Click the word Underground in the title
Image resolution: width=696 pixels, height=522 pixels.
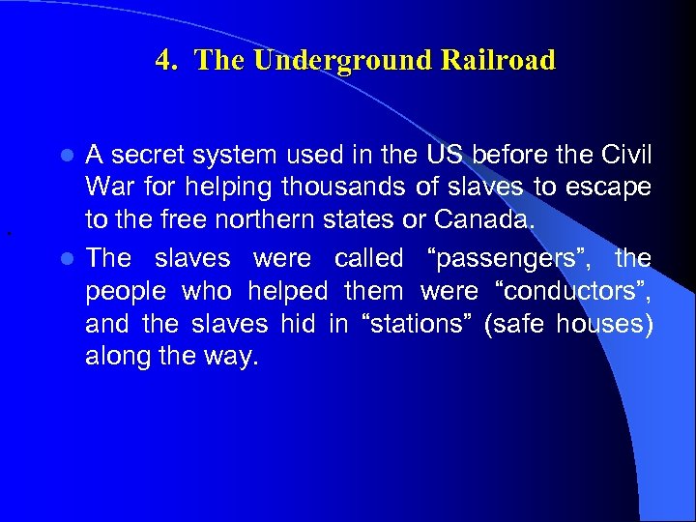click(x=315, y=61)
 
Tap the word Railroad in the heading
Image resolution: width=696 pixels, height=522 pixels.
click(x=500, y=61)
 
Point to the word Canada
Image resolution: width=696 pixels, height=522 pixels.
click(x=483, y=220)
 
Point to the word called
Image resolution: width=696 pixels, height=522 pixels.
click(x=368, y=259)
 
